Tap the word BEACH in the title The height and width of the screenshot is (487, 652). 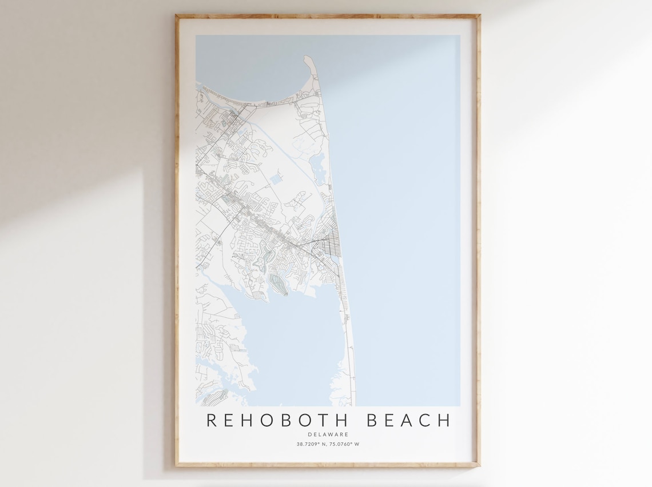pos(408,420)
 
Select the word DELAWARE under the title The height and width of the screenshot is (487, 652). pos(328,434)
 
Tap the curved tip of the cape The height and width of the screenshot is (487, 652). pos(308,59)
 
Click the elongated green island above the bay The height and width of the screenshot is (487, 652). pos(278,284)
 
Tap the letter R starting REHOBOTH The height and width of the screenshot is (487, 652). pos(211,420)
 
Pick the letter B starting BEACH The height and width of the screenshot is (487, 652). pos(372,420)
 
